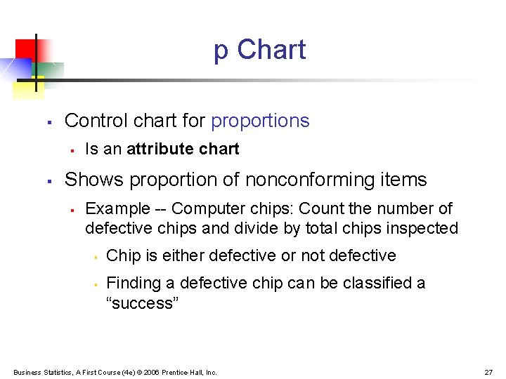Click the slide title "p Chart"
[x=259, y=50]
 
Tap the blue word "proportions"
[x=260, y=121]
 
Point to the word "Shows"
[x=91, y=180]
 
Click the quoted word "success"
[x=143, y=303]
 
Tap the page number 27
[x=488, y=372]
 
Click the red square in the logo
[x=26, y=48]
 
